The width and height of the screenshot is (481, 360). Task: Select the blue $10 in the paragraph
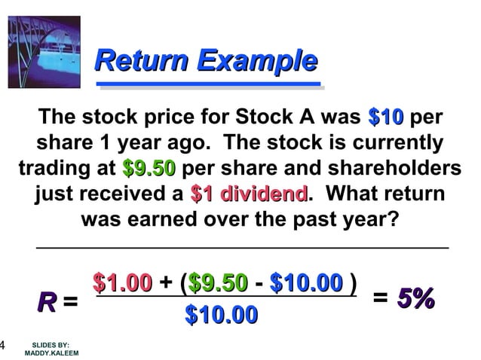click(x=386, y=118)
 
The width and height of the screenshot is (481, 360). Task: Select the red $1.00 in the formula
click(x=121, y=284)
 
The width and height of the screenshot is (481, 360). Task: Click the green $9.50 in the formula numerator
click(x=218, y=284)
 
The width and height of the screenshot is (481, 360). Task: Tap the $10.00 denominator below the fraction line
click(x=221, y=314)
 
